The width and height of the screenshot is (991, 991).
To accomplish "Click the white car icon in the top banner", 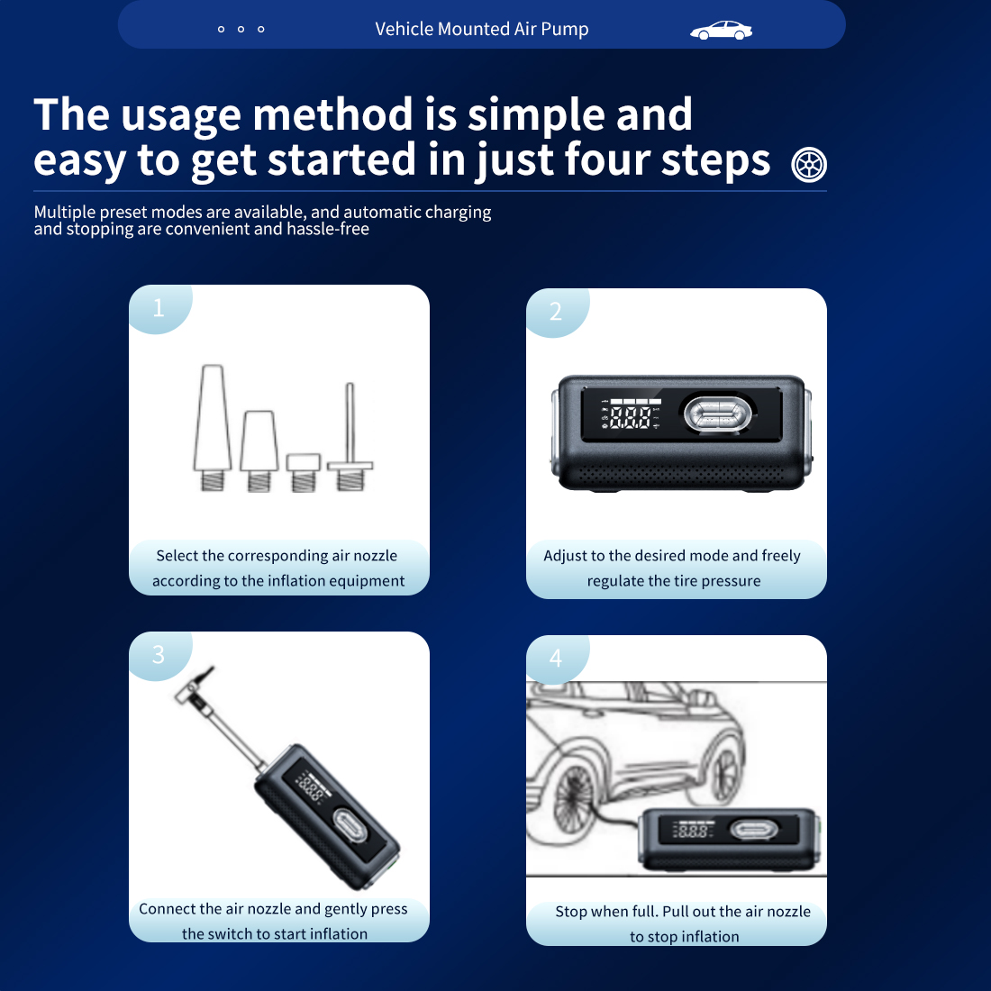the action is [x=721, y=30].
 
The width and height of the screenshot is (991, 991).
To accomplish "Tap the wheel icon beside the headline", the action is [x=809, y=164].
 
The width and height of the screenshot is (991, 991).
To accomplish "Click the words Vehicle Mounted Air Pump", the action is [x=482, y=29].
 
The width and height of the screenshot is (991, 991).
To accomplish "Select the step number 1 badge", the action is [x=159, y=308].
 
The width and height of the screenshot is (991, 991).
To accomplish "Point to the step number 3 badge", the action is [x=159, y=655].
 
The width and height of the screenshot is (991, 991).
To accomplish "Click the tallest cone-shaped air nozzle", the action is [x=213, y=427].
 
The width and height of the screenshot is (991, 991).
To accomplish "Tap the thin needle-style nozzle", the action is [x=350, y=437].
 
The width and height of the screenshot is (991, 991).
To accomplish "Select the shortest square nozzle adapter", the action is [x=304, y=472].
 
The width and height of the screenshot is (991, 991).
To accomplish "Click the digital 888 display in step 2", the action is [x=630, y=417].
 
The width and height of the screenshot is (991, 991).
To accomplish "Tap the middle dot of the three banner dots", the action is [x=241, y=29].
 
